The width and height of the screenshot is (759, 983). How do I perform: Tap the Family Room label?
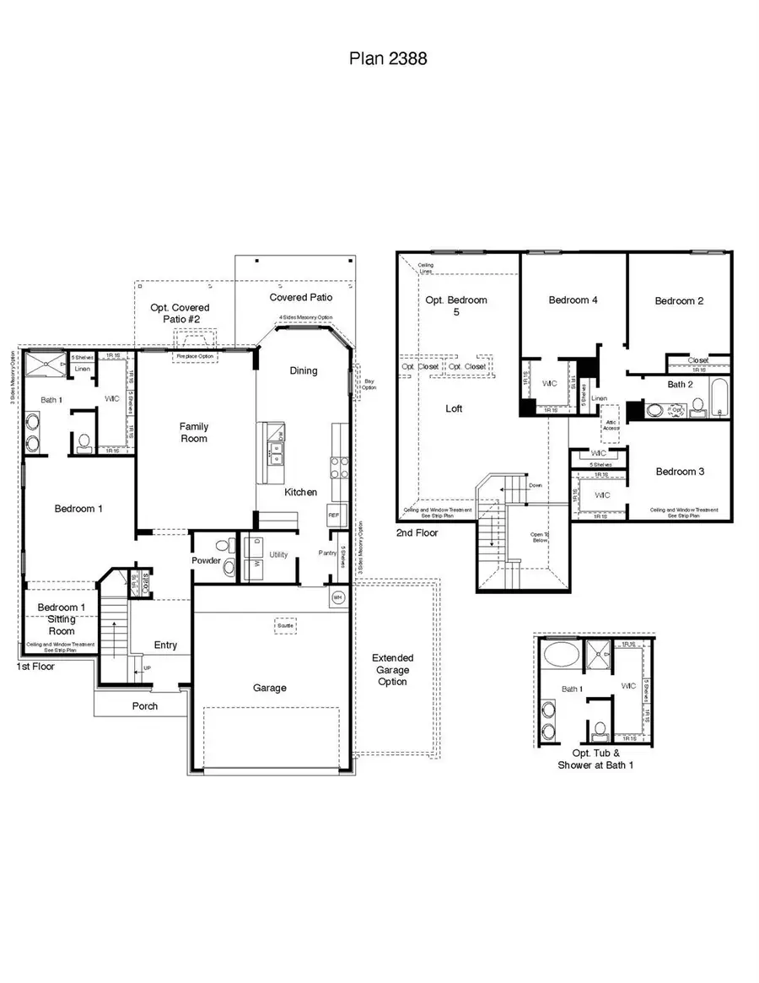coord(193,432)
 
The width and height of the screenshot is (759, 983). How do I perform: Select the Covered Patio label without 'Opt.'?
coord(300,297)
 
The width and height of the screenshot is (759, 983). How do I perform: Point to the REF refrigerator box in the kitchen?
coord(333,514)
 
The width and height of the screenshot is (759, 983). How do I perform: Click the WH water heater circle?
coord(338,597)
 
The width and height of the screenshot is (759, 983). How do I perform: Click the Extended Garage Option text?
coord(393,669)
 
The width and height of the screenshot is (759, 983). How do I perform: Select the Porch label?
coord(145,705)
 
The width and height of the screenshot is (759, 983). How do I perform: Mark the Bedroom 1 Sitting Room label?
coord(61,619)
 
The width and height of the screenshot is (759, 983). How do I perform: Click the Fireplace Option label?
coord(196,357)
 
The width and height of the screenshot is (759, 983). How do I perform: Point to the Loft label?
coord(454,408)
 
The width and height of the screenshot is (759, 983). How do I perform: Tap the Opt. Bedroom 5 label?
coord(456,306)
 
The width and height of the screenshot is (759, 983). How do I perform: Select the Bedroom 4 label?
coord(573,300)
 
